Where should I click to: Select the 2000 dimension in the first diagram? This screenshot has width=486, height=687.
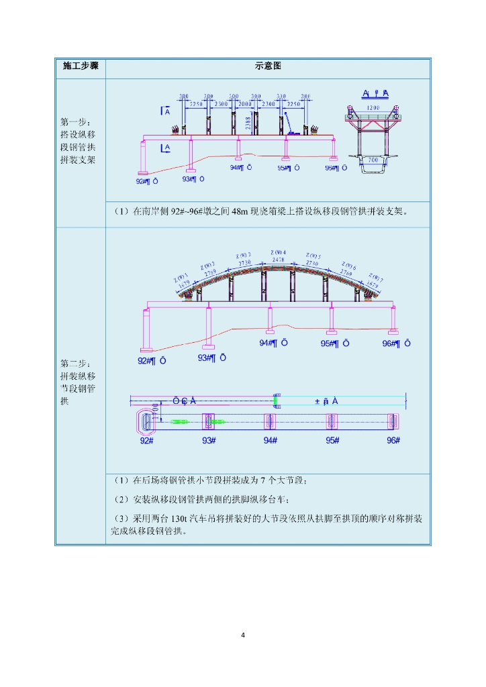pos(246,105)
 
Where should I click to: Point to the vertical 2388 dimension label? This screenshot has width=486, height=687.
pos(248,122)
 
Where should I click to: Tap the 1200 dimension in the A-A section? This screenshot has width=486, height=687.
pos(373,107)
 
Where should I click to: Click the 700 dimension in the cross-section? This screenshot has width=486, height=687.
pos(373,160)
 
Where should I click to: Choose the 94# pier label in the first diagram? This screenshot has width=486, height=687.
pos(241,168)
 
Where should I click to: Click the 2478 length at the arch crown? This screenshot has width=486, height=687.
pos(279,259)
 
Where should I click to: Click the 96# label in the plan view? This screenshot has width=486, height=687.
pos(393,440)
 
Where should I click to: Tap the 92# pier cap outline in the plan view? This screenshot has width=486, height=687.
pos(146,421)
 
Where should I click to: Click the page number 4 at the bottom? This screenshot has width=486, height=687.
pos(243,635)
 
